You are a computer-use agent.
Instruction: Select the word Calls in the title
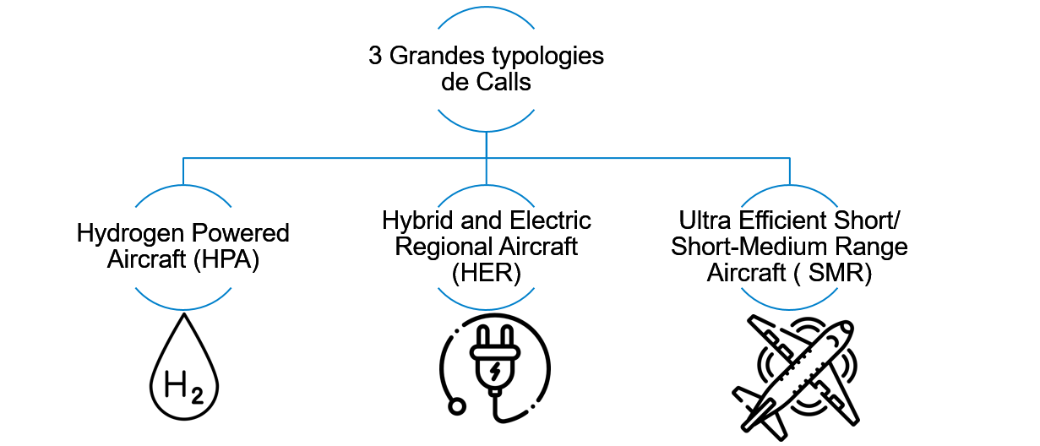click(x=506, y=83)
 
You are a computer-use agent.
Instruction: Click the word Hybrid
click(x=413, y=220)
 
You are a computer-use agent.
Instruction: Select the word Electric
click(x=552, y=220)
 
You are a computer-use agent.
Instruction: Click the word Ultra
click(x=705, y=221)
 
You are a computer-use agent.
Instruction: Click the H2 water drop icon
click(x=183, y=367)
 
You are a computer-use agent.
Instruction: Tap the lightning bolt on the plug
click(x=495, y=370)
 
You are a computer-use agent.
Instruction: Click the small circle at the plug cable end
click(x=457, y=407)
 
